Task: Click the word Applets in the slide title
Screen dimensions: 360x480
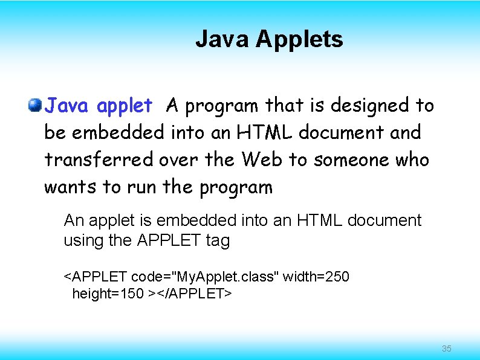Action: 299,40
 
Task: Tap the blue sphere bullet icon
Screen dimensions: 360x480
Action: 35,106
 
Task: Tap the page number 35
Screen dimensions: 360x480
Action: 447,349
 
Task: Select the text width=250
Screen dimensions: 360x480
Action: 316,277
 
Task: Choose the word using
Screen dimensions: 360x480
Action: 83,240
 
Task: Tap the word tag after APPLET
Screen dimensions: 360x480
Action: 218,240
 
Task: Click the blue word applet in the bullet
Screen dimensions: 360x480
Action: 125,106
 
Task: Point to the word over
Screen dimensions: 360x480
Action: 180,160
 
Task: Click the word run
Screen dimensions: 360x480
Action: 141,187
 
